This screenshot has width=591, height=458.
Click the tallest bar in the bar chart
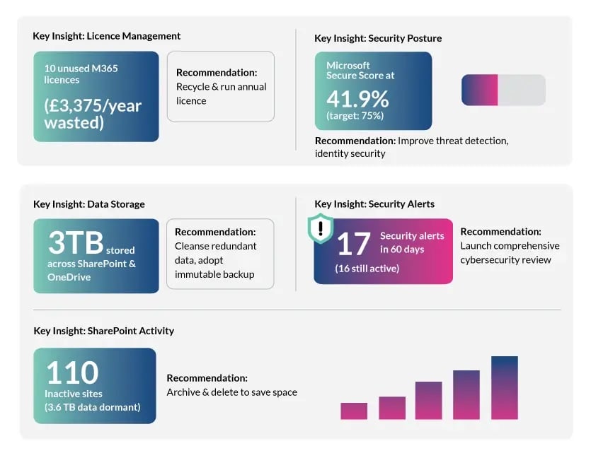click(504, 388)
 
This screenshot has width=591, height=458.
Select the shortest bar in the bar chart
click(354, 411)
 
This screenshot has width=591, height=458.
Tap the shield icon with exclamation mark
click(321, 228)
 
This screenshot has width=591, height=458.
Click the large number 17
click(353, 244)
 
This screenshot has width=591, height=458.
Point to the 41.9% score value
click(357, 97)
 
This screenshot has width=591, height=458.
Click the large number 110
click(72, 372)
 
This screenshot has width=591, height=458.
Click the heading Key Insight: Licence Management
click(106, 36)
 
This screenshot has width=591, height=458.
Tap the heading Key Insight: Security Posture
click(378, 38)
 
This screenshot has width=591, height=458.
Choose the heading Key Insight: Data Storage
click(88, 204)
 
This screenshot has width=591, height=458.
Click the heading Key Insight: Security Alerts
click(374, 204)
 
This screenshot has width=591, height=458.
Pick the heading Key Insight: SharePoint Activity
click(103, 331)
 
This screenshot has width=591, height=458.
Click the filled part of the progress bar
click(480, 90)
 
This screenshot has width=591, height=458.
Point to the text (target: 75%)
click(355, 115)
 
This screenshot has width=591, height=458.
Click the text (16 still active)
click(367, 269)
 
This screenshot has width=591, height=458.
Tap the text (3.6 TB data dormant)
click(93, 406)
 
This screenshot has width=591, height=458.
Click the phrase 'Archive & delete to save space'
click(231, 392)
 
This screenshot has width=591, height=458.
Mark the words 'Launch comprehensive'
click(510, 246)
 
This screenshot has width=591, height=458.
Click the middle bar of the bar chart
click(428, 400)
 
